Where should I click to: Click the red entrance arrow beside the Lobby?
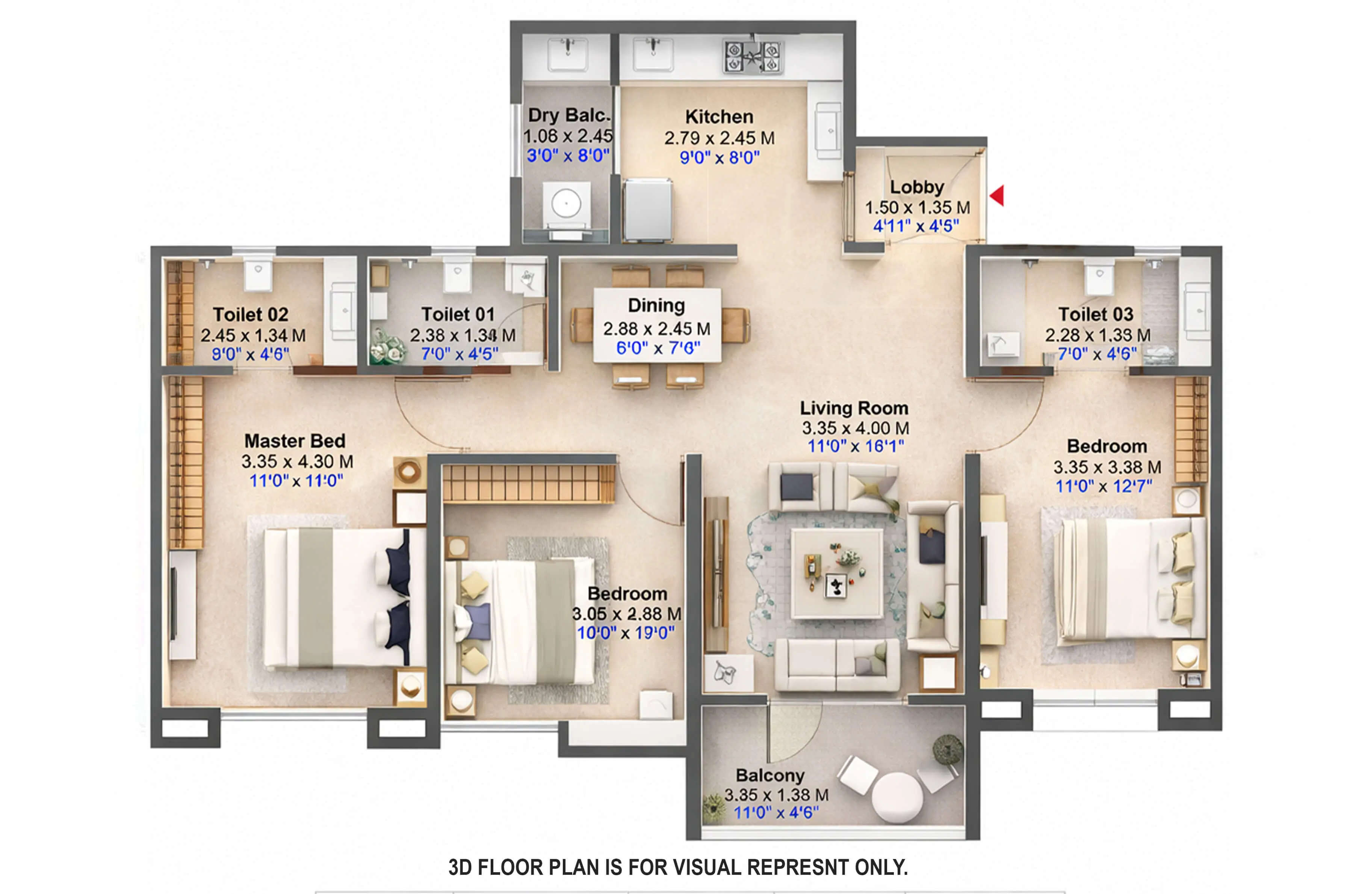(997, 196)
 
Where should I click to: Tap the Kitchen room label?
(719, 117)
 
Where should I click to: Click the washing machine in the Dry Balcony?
(566, 204)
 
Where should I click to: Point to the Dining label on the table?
(656, 306)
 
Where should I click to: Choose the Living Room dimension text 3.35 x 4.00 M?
(855, 428)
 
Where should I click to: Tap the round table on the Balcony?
(897, 797)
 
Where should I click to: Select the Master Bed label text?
(295, 441)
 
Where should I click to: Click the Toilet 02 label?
(251, 314)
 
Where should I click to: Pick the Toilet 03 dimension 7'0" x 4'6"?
(1097, 354)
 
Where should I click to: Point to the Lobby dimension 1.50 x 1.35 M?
(917, 208)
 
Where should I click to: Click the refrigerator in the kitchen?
(647, 210)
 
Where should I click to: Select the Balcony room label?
(770, 776)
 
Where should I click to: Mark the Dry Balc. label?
(568, 115)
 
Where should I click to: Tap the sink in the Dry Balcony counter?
(567, 54)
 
